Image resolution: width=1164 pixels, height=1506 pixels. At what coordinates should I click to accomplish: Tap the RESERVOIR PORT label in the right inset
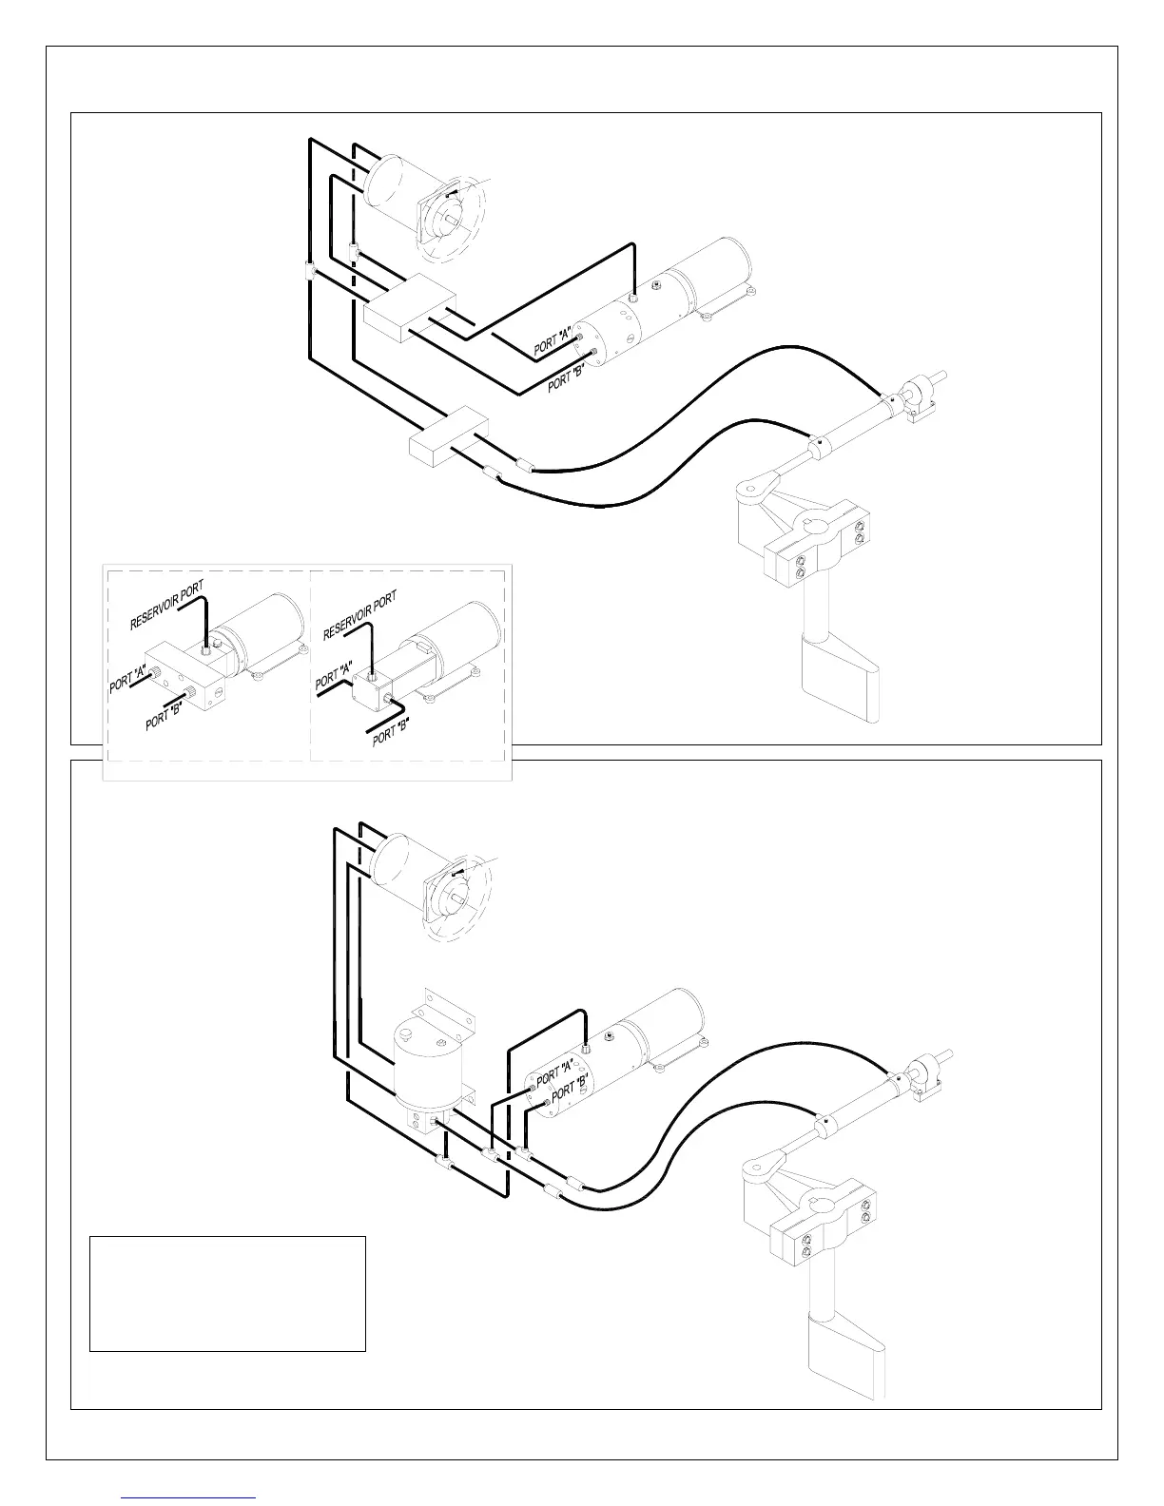pyautogui.click(x=359, y=615)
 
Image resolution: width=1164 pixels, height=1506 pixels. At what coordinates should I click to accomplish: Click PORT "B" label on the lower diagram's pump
pyautogui.click(x=569, y=1090)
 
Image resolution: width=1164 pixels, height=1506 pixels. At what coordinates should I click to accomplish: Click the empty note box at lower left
pyautogui.click(x=227, y=1293)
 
